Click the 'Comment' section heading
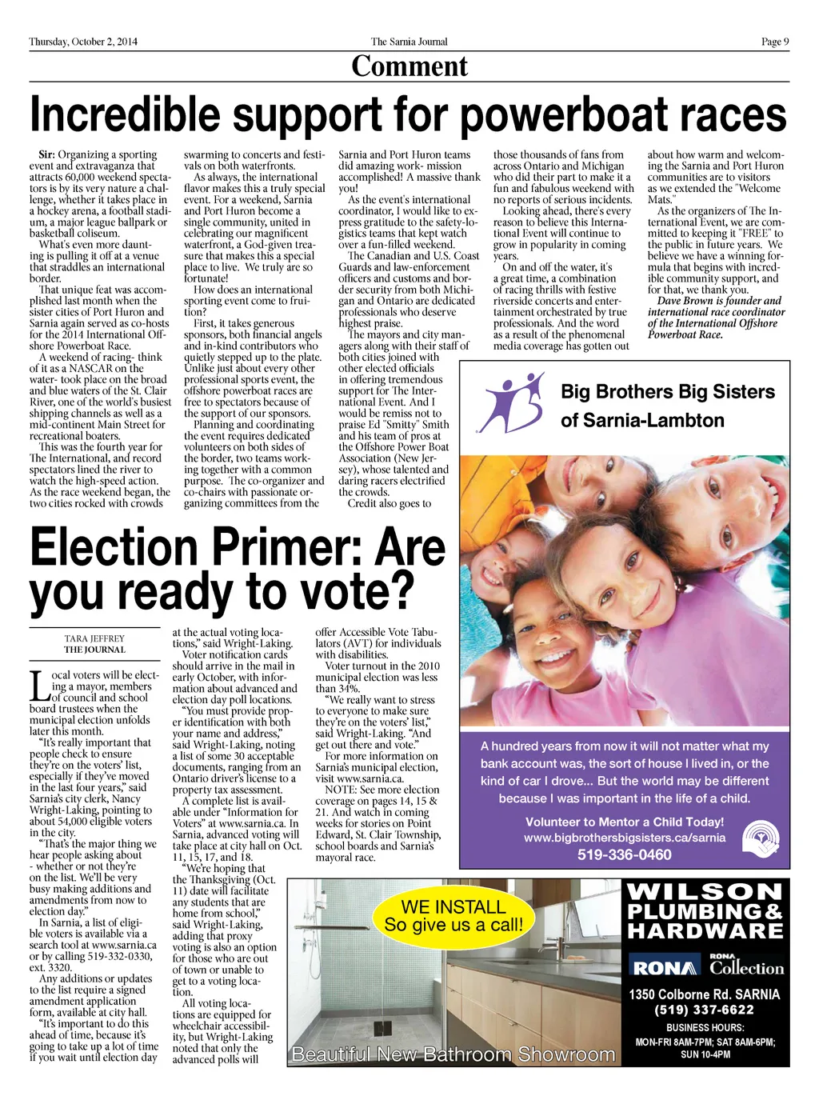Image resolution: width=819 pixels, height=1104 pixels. pos(409,66)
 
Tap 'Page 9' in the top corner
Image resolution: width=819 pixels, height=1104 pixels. pos(774,42)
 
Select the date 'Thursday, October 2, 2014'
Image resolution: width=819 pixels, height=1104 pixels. pos(83,42)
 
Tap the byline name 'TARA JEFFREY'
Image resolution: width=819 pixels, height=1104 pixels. pos(94,638)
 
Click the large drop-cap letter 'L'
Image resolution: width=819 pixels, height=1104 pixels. pos(38,686)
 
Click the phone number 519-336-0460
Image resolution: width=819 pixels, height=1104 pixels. pos(625,854)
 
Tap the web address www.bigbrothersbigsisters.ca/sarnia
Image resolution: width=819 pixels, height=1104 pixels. pos(625,838)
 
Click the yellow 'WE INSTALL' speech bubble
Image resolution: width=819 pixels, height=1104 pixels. pos(453,915)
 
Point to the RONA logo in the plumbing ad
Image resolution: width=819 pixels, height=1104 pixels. pos(664,968)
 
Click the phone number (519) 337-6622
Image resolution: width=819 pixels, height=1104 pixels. pos(704,1010)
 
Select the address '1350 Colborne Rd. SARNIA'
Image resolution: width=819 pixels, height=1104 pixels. pos(704,994)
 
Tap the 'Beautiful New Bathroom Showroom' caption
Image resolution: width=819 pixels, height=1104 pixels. pos(453,1054)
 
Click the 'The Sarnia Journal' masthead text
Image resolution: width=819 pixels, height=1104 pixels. pos(409,42)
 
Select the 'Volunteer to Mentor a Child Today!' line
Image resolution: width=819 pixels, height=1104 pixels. pos(625,822)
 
